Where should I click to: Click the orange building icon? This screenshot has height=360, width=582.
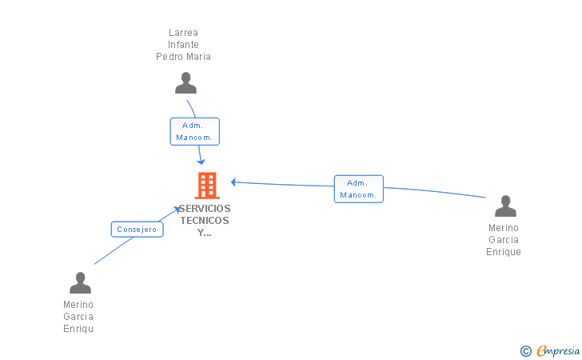point(207,186)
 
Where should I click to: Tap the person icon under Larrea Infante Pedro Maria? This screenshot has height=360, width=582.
point(186,83)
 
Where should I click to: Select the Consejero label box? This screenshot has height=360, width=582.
point(137,230)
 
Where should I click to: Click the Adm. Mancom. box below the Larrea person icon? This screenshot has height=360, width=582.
point(195,131)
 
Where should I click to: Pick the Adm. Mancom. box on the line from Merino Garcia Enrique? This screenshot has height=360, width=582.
point(358,189)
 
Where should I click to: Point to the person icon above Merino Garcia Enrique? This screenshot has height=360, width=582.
point(505,206)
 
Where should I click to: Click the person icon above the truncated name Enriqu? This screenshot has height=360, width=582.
point(80,282)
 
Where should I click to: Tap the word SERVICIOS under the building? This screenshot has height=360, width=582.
point(205,209)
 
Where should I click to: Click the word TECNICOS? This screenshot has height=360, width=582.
point(205,221)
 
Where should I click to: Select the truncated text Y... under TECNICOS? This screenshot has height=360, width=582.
point(205,233)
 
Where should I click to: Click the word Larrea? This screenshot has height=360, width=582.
point(183,33)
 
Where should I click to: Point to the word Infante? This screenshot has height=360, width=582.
point(183,45)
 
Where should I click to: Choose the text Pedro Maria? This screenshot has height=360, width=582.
point(183,57)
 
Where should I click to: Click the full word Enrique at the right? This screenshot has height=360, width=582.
point(504,252)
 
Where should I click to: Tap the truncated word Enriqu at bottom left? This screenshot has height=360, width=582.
point(78,329)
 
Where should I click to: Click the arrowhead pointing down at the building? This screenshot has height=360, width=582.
point(201,162)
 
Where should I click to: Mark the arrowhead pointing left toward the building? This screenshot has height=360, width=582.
point(233,182)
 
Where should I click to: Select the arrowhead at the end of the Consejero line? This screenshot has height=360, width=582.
point(177,210)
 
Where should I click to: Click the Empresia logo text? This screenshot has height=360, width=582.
point(558,350)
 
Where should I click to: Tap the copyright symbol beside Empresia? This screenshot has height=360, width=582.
point(525,351)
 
